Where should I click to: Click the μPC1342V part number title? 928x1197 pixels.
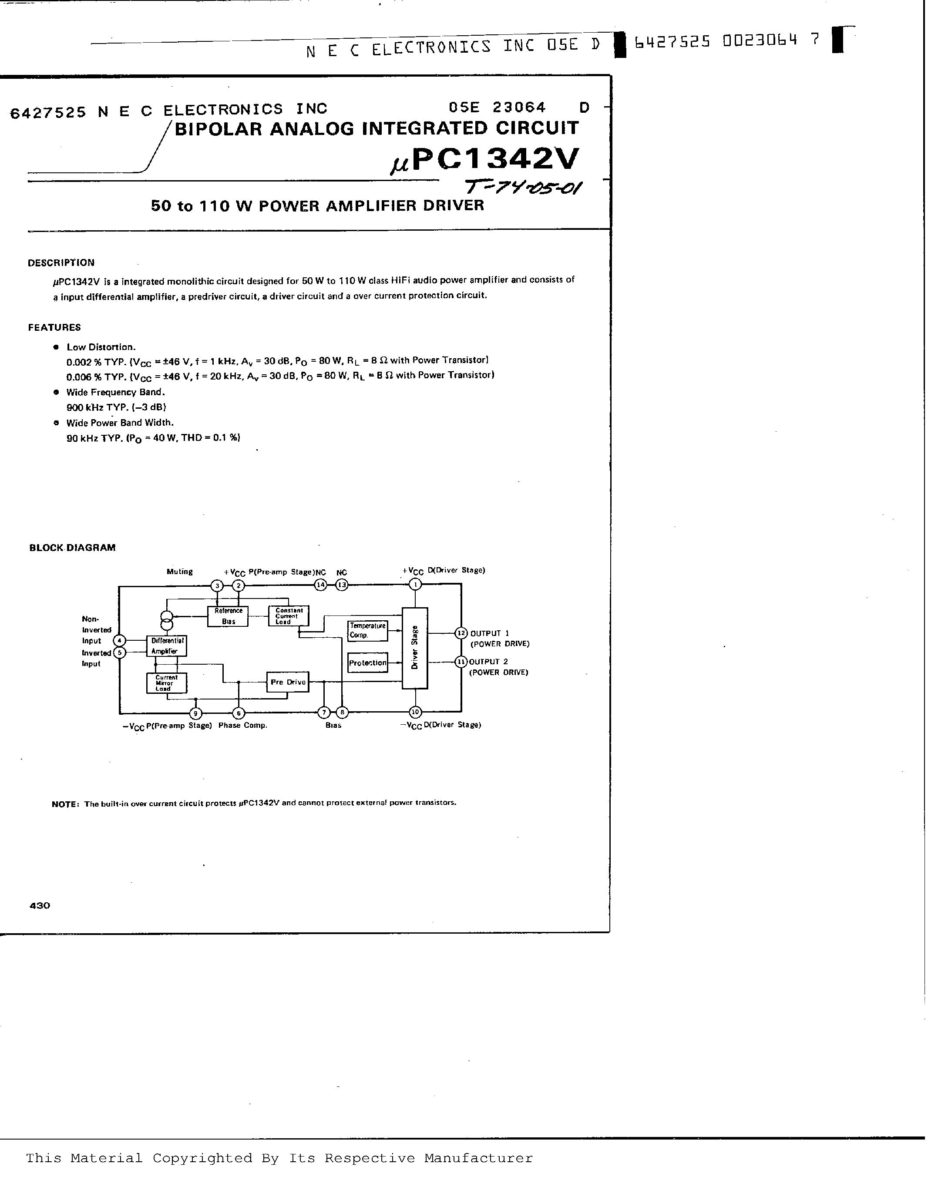click(484, 160)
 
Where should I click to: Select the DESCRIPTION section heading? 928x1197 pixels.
click(61, 262)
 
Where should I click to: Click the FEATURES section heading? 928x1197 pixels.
click(54, 327)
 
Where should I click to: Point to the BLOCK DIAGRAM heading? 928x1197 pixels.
click(72, 548)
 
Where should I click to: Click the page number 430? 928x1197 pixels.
click(40, 905)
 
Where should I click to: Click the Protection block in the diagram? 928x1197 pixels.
click(367, 662)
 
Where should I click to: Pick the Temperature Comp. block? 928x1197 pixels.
click(367, 630)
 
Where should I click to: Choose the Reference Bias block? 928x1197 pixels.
click(228, 616)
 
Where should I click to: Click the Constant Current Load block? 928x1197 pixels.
click(288, 615)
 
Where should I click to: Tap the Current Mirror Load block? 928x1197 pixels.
click(167, 683)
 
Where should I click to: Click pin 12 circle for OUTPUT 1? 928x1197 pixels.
click(461, 633)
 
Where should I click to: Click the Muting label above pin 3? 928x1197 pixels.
click(180, 572)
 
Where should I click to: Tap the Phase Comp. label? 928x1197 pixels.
click(243, 725)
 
